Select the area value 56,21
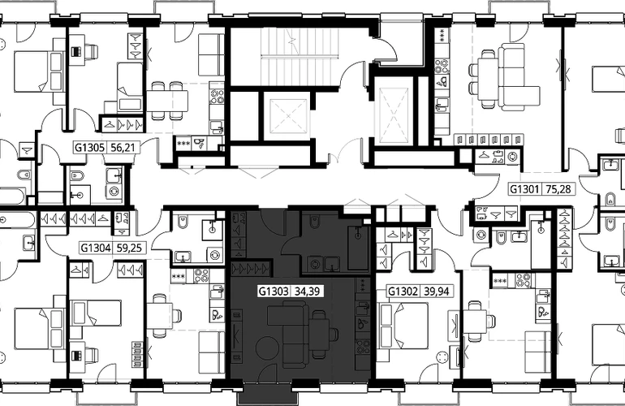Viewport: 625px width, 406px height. point(122,149)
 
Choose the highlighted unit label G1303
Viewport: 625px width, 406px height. point(273,291)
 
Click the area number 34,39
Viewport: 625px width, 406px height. point(307,291)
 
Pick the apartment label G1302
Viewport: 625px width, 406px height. point(403,291)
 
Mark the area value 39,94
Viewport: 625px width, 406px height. point(436,291)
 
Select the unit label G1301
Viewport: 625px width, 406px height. point(524,190)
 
